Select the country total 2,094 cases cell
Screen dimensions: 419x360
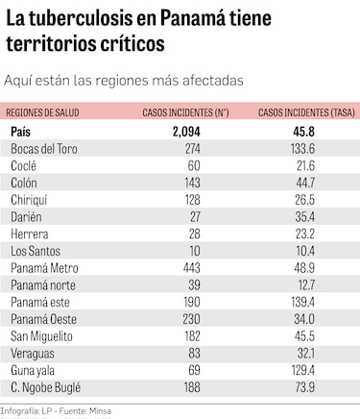(190, 131)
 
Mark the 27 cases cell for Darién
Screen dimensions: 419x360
(190, 216)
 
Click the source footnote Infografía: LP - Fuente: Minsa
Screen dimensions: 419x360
(60, 411)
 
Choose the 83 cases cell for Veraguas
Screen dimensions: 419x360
(190, 353)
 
